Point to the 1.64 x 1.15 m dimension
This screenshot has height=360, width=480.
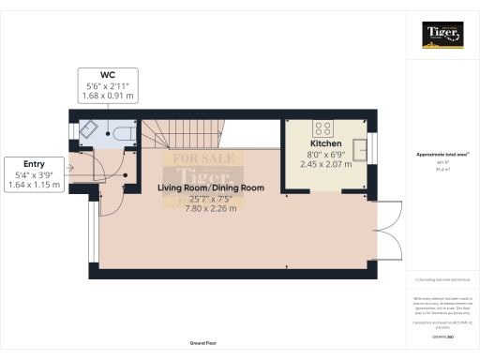pos(33,185)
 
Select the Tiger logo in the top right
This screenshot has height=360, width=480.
pos(442,35)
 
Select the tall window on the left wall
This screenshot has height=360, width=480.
pos(91,230)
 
